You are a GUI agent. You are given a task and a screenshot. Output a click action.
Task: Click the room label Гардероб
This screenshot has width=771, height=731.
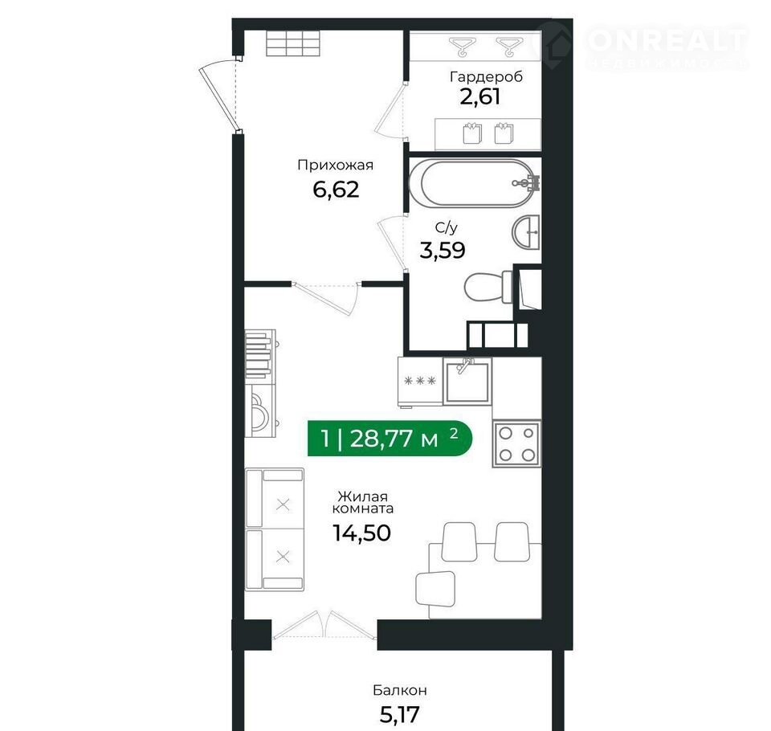click(x=487, y=77)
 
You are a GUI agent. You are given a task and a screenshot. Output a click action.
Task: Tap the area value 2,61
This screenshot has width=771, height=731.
click(x=480, y=96)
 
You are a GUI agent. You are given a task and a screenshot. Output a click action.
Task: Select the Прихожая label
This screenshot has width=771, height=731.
click(x=336, y=165)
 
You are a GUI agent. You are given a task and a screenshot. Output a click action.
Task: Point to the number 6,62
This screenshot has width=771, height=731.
click(x=336, y=190)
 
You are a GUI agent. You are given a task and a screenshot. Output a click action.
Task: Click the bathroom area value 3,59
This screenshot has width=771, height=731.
click(x=442, y=250)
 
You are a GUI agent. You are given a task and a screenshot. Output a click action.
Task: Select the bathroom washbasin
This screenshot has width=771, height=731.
click(x=525, y=232)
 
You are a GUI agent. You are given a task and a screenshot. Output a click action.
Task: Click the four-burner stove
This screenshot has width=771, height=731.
click(x=516, y=443)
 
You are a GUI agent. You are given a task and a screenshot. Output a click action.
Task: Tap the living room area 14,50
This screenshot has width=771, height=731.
click(x=362, y=533)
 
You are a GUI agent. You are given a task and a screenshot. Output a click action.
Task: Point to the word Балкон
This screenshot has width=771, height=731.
click(x=400, y=690)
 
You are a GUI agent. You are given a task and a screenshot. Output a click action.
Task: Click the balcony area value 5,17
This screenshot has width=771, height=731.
click(x=400, y=714)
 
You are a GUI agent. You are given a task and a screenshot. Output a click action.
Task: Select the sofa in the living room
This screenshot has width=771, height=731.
click(x=275, y=529)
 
